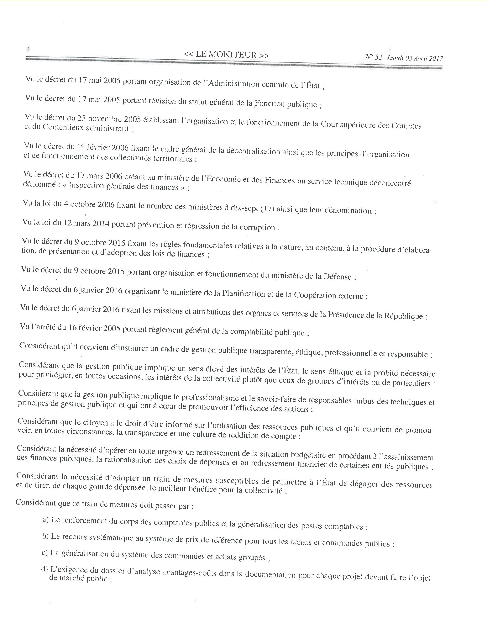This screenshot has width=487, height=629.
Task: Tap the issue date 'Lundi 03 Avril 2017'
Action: [x=415, y=58]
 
